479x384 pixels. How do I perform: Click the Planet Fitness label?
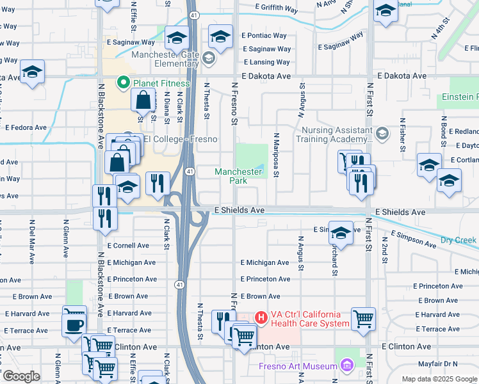161,83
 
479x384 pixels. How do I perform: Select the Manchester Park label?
238,176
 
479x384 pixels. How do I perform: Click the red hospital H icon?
261,317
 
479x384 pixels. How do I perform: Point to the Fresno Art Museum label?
298,366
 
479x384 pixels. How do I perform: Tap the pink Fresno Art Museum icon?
347,365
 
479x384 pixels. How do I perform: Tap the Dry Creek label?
459,241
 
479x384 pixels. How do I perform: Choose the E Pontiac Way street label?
264,35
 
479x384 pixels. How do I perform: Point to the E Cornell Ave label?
128,246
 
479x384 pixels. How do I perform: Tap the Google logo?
20,376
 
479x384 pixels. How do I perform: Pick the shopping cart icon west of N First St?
363,317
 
